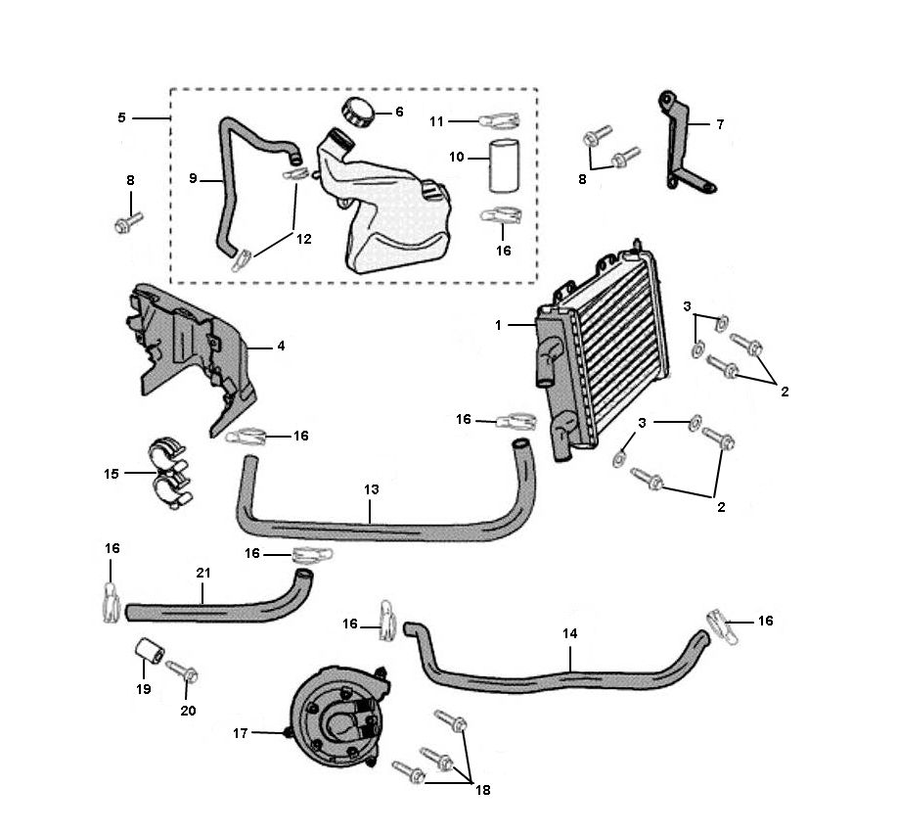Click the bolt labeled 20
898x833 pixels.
pos(182,671)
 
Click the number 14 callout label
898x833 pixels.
pos(570,634)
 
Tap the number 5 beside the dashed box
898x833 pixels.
pos(121,117)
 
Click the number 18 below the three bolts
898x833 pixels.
pos(482,790)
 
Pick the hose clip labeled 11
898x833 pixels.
pos(500,121)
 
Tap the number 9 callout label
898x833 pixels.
pos(193,179)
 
